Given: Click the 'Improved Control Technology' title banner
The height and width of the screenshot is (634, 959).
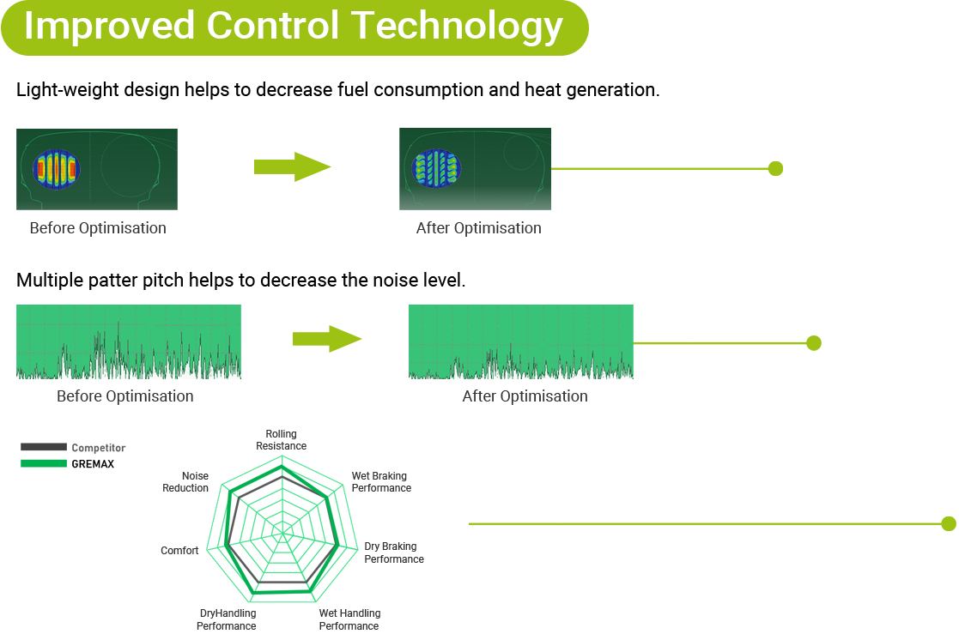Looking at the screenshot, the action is coord(294,28).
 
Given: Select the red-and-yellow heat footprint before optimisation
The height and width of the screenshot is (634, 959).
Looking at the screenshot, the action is coord(57,169).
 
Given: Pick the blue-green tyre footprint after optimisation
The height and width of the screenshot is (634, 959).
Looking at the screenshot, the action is coord(436,168).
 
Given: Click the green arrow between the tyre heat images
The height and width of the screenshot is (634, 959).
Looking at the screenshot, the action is coord(293,166).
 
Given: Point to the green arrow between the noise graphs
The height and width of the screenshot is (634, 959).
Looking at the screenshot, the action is coord(327,339).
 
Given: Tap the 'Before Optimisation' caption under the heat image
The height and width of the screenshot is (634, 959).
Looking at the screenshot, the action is coord(98,228).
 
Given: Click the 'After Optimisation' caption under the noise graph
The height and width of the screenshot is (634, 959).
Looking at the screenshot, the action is coord(525,396).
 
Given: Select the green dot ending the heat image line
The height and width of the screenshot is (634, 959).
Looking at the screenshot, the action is coord(775,169).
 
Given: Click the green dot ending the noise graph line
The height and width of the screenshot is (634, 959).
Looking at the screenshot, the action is coord(813,343).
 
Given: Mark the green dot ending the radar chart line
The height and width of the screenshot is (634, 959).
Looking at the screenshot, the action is coord(949,523).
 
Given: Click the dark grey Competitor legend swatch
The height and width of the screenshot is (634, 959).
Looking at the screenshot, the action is coord(44,447).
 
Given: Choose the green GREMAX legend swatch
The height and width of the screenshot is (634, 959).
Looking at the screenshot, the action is coord(44,463).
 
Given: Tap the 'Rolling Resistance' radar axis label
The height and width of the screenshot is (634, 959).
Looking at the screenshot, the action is coord(282,439).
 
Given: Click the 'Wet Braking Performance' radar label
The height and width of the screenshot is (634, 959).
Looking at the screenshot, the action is coord(381,482).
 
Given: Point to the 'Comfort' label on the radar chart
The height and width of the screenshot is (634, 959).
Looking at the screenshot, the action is coord(179,550).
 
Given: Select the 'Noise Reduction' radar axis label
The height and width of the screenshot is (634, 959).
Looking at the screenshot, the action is coord(185,482).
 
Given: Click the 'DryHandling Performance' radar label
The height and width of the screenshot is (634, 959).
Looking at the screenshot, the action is coord(227,619).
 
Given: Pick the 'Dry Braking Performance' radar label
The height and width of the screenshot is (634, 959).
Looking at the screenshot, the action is coord(394,552).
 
